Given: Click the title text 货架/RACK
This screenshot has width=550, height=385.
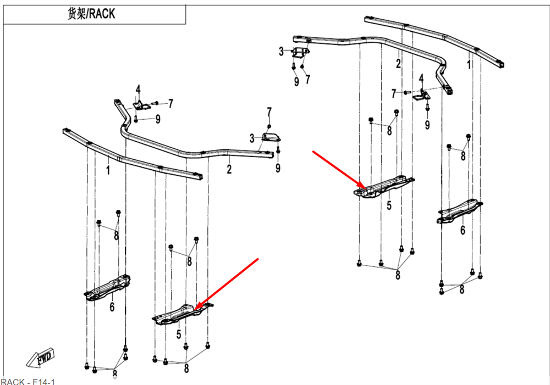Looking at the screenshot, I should [91, 14].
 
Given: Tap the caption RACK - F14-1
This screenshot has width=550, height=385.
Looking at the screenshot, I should [28, 381].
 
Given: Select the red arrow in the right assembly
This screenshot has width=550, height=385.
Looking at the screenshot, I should [337, 169].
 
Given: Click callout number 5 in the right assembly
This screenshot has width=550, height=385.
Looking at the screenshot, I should [389, 207].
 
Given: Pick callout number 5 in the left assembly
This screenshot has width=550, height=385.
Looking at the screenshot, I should [179, 333].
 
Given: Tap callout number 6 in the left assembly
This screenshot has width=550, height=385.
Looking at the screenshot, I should [112, 307].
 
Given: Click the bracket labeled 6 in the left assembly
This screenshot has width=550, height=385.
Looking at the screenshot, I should [107, 287].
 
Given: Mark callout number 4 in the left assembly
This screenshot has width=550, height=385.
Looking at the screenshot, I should [139, 90].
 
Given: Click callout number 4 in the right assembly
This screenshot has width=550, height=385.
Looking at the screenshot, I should [421, 78].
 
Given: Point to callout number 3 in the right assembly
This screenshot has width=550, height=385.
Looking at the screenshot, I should [281, 52].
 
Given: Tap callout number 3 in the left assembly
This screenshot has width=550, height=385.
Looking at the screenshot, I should [252, 138].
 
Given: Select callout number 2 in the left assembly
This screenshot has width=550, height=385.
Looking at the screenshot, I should [229, 169].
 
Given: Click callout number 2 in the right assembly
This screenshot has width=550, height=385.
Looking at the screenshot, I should [398, 64].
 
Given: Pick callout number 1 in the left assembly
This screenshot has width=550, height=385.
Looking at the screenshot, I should [108, 171].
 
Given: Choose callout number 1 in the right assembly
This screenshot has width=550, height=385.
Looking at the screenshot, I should [469, 65].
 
